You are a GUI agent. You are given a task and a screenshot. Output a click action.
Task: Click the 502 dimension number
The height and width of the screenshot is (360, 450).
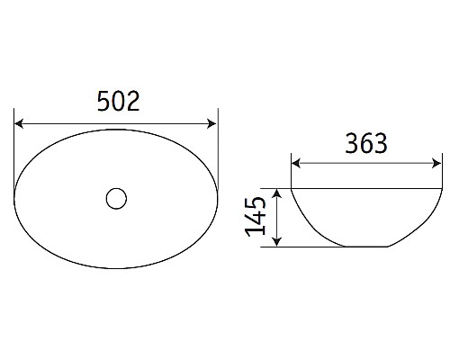pos(117,102)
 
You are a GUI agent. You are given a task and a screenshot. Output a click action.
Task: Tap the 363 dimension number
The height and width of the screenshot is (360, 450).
pos(365,143)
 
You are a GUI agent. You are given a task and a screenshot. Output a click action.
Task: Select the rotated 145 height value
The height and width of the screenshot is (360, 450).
pos(256,217)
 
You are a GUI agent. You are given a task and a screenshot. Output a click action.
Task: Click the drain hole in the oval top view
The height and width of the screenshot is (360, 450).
pos(115,198)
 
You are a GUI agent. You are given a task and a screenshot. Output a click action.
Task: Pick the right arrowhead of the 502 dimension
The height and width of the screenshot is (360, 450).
pos(213,123)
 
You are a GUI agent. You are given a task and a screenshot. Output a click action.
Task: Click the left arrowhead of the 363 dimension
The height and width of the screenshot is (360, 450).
pos(295,165)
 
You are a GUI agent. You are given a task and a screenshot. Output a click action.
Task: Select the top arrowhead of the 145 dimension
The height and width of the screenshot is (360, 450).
pos(280,193)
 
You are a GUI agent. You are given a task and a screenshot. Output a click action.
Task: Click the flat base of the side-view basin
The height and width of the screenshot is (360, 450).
pos(366,246)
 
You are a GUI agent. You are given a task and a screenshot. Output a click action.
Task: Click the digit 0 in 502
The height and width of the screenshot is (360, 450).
pos(117,102)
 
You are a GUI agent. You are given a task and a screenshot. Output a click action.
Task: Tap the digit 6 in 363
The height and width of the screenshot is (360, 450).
pos(365,143)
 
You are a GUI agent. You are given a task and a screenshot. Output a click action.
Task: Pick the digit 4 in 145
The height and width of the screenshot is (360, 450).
pos(256,217)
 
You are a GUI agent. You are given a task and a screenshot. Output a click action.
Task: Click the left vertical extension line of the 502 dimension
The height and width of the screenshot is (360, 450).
pos(15,144)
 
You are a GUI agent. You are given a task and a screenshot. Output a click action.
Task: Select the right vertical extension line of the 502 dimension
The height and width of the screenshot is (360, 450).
pos(218,144)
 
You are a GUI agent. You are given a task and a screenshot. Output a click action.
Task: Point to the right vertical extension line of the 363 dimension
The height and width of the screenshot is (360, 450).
pos(442,171)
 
